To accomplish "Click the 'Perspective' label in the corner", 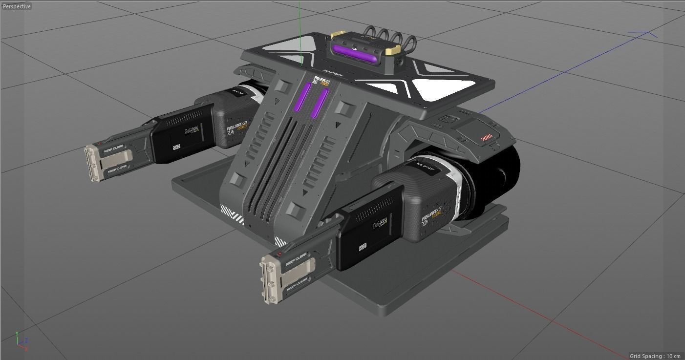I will coord(17,6).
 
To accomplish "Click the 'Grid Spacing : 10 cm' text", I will coord(655,356).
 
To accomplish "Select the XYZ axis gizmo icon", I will coord(21,341).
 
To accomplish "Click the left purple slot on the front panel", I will coord(303,97).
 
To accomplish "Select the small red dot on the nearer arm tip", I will coord(279,254).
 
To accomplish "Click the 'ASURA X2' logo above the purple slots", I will coord(321,81).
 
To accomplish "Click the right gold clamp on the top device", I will coord(393,50).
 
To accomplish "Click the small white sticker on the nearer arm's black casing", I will coord(363,247).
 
